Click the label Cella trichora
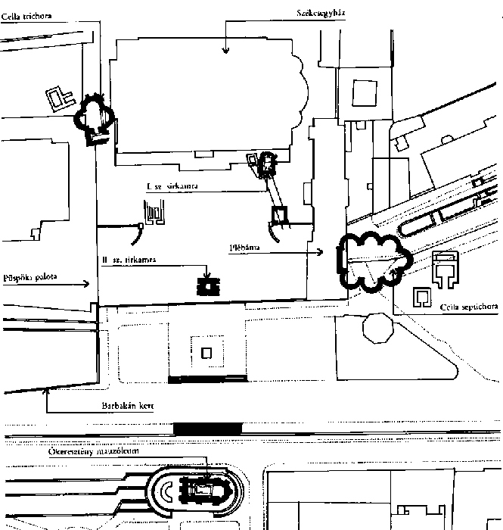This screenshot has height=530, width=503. click(20, 14)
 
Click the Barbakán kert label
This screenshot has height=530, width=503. click(128, 406)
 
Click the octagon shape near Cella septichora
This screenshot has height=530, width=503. click(378, 331)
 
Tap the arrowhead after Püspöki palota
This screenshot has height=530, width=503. click(88, 284)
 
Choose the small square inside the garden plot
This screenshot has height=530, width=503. click(207, 351)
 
